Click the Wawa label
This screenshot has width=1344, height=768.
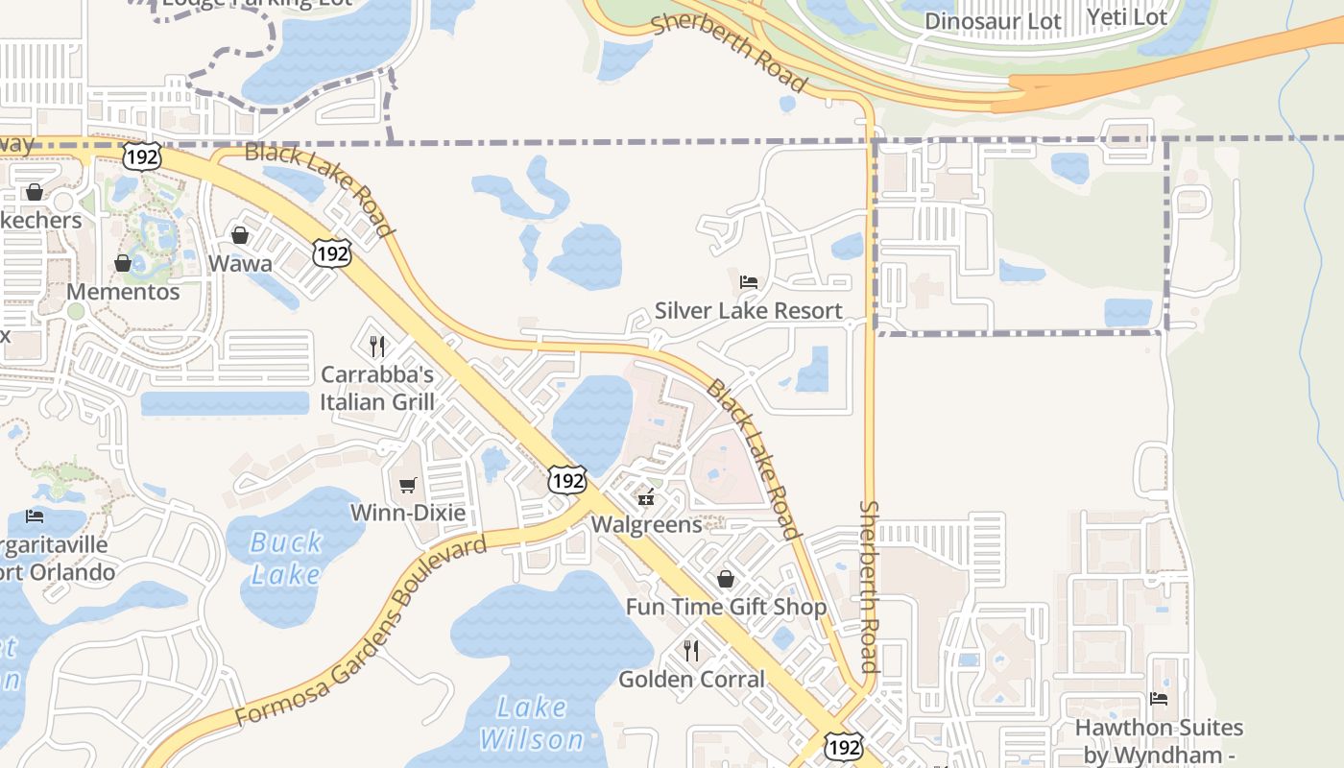(240, 263)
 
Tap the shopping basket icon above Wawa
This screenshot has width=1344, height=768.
(240, 235)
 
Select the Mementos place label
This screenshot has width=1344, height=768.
(123, 292)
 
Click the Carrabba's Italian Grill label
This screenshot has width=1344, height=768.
(377, 388)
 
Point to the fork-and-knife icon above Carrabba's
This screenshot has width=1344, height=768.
(377, 346)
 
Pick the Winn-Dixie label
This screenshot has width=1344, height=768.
(408, 513)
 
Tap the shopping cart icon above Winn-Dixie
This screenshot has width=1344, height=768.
(408, 485)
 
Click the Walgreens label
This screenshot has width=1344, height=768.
(647, 524)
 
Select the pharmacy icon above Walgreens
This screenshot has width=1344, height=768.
(646, 496)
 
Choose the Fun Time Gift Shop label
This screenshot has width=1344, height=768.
(726, 607)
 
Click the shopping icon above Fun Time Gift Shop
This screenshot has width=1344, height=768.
(726, 579)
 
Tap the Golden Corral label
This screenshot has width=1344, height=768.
(691, 680)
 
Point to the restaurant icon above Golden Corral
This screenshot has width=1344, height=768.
(691, 651)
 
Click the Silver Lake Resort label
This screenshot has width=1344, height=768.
(748, 310)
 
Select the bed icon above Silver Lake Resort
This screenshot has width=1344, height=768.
(749, 282)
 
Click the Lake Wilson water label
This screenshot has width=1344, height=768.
(532, 724)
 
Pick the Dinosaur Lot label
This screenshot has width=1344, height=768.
(994, 21)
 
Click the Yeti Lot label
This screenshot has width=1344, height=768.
(1127, 17)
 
